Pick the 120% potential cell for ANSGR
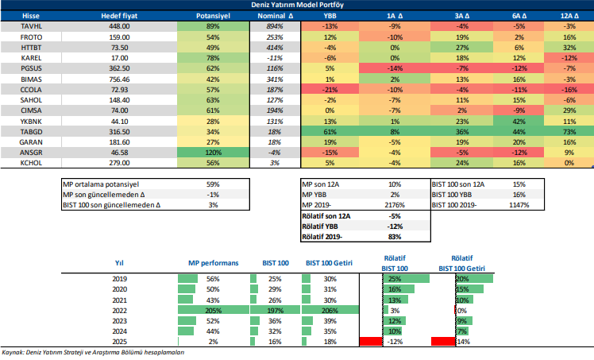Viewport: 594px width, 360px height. pyautogui.click(x=213, y=151)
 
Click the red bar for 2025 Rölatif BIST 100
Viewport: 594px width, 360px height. pyautogui.click(x=371, y=341)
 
